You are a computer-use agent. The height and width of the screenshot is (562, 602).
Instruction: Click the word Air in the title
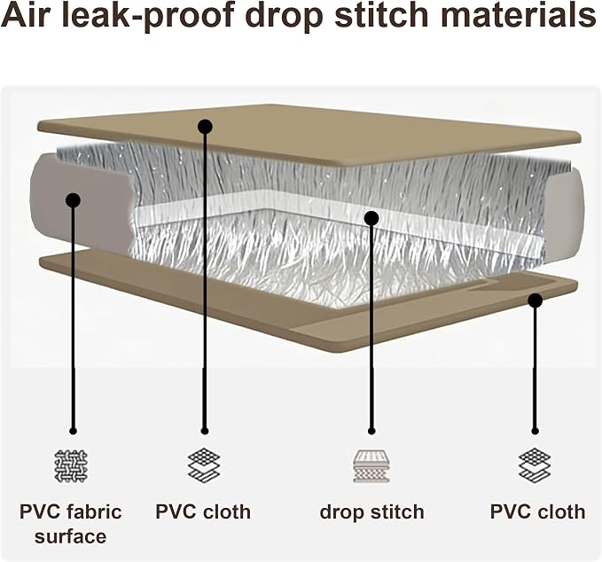(26, 15)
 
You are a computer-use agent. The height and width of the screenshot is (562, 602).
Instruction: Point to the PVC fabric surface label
(71, 525)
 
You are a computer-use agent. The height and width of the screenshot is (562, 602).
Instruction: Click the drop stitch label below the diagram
(371, 512)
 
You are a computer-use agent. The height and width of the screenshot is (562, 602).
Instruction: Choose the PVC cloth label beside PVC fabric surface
(203, 512)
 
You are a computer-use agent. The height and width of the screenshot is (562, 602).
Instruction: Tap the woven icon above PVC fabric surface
(71, 466)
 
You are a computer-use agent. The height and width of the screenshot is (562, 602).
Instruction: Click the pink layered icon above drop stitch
(371, 466)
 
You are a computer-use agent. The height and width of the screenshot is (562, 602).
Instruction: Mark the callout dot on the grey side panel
(73, 200)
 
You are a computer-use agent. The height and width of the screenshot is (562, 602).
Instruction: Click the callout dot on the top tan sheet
(205, 126)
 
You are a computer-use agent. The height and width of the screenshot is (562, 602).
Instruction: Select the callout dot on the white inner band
(371, 218)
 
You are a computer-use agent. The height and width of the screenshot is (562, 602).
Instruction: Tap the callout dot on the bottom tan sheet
(535, 300)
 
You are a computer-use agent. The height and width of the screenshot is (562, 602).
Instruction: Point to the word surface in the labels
(71, 536)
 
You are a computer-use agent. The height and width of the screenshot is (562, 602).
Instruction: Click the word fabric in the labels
(94, 512)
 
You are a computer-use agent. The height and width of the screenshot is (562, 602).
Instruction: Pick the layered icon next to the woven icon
(204, 465)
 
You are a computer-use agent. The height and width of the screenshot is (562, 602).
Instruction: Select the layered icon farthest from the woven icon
(535, 465)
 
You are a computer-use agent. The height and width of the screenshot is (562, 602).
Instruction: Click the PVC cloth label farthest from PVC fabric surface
(538, 512)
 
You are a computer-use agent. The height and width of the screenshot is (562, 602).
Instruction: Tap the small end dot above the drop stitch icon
(371, 431)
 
